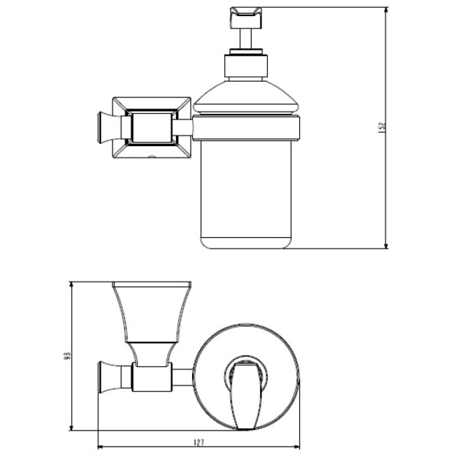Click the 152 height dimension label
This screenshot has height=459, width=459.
pos(382,128)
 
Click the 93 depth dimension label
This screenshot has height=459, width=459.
pos(67,356)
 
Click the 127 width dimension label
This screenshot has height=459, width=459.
pos(199,443)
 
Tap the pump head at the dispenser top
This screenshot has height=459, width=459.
pos(246,18)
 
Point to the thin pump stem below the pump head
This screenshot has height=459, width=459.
pos(246,39)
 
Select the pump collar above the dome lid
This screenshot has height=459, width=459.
pos(246,66)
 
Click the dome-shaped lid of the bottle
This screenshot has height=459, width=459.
pos(246,97)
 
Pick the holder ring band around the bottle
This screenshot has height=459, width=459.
pos(246,129)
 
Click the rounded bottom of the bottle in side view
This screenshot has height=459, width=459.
pos(246,243)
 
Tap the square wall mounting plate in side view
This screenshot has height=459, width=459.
pos(151,128)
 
